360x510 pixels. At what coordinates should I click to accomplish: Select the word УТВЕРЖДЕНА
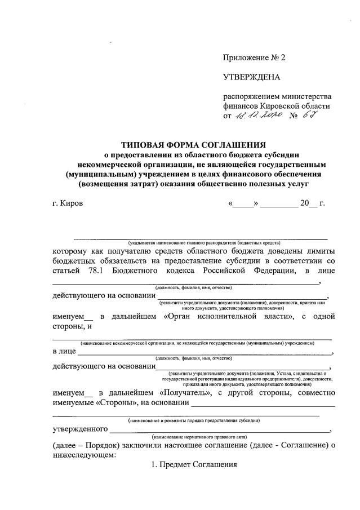(x=251, y=77)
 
